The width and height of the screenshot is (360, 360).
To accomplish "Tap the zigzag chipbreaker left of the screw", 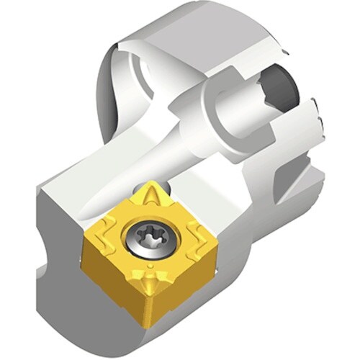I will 108,238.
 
